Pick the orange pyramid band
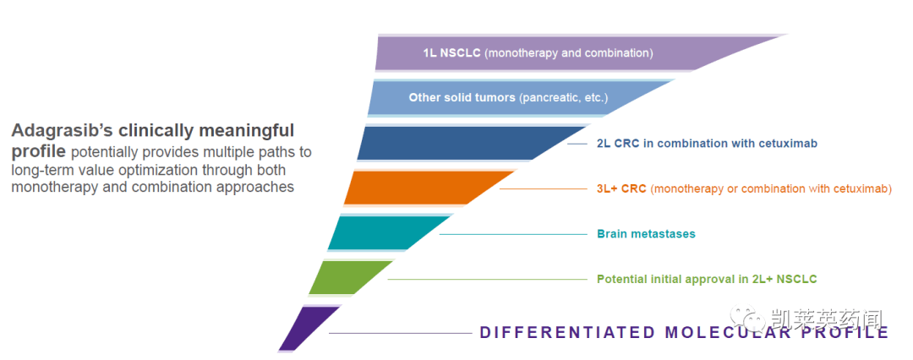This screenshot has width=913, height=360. [x=419, y=188]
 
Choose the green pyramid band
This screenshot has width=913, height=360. [x=348, y=277]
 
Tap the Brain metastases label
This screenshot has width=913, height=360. [x=647, y=234]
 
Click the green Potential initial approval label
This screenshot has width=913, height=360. [x=707, y=279]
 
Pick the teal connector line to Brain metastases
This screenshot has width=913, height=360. [x=513, y=234]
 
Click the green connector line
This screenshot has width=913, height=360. [x=488, y=280]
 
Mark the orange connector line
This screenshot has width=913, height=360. [x=544, y=188]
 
